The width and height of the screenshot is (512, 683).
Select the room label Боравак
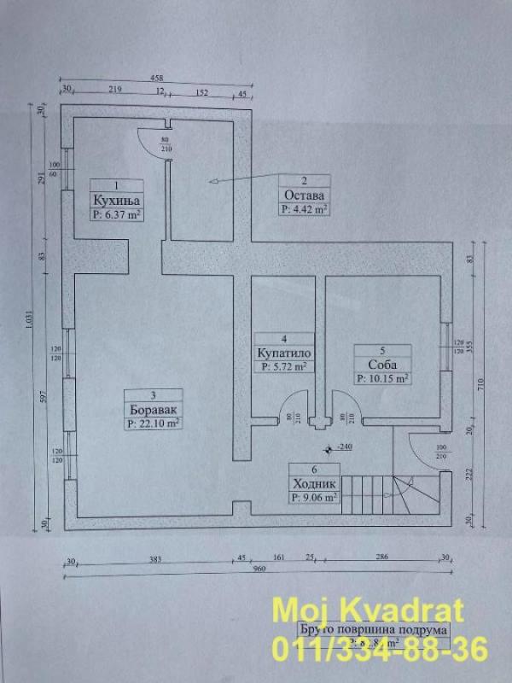[x=152, y=408]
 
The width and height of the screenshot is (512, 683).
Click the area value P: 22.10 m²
[x=152, y=422]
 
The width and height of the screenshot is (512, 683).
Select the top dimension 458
[x=159, y=77]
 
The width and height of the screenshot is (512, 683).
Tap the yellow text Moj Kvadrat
[x=367, y=611]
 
